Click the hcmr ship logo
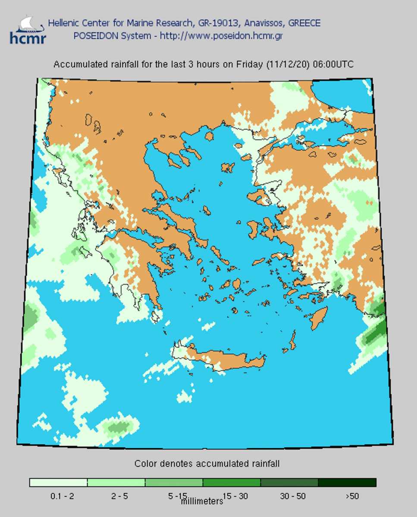coord(27,30)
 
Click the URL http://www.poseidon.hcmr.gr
coord(221,36)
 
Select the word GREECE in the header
coord(304,23)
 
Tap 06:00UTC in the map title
coord(332,65)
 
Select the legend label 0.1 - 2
coord(62,496)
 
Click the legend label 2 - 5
coord(119,496)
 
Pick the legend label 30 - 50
coord(293,496)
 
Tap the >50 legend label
coord(352,496)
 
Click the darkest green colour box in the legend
coord(347,483)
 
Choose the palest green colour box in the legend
coord(58,483)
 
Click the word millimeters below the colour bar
coord(202,501)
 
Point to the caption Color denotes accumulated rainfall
coord(207,464)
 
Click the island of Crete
coord(224,358)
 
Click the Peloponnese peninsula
coord(138,267)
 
